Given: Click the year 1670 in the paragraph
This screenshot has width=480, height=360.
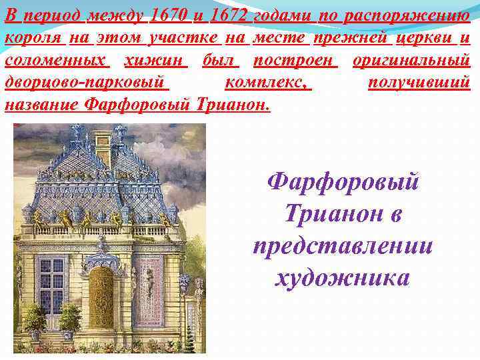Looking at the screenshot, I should coord(171,15).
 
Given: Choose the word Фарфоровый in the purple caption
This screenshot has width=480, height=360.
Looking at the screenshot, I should coord(342,181).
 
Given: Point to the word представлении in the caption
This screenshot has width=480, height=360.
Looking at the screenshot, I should coord(343,245).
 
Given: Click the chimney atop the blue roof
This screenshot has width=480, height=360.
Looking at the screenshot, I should coord(102,142).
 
